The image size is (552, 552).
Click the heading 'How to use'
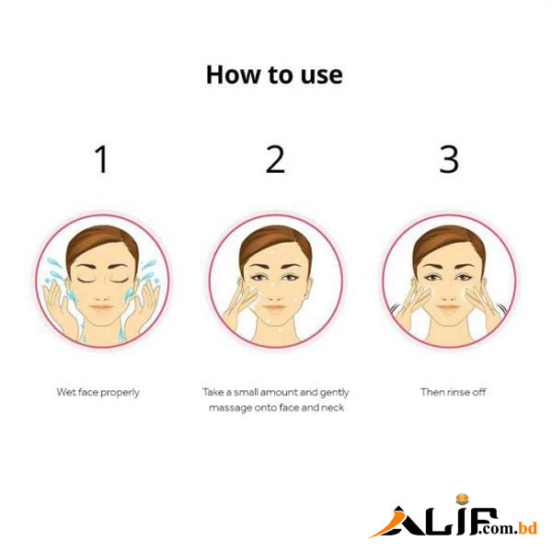click(274, 75)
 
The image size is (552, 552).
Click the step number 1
click(101, 159)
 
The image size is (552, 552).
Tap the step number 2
click(275, 159)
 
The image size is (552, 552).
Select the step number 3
click(449, 159)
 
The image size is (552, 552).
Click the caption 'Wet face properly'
click(98, 393)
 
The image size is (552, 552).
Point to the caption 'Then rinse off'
click(453, 392)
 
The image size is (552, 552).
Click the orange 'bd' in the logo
click(528, 526)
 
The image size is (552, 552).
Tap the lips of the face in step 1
click(102, 308)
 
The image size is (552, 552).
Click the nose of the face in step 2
click(274, 294)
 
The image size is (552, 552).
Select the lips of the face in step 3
click(448, 308)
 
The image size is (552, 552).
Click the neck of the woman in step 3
click(448, 333)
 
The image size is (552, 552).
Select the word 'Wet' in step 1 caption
click(66, 392)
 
